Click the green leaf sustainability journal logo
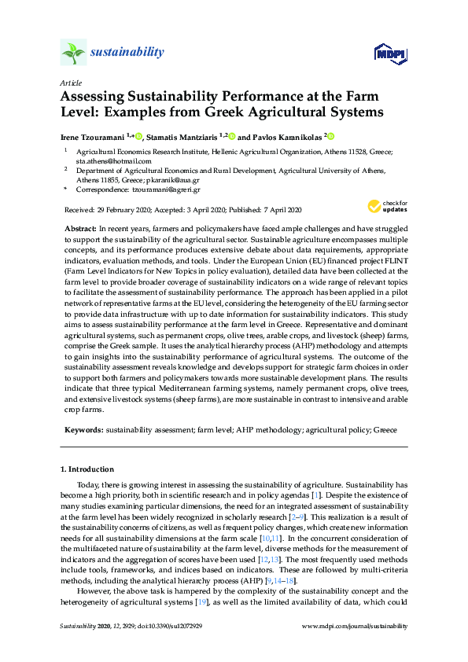tap(73, 53)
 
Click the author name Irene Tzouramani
tap(94, 136)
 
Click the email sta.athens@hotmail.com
tap(102, 160)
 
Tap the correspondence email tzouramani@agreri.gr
tap(157, 189)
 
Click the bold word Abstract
tap(80, 226)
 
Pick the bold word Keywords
tap(83, 430)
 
